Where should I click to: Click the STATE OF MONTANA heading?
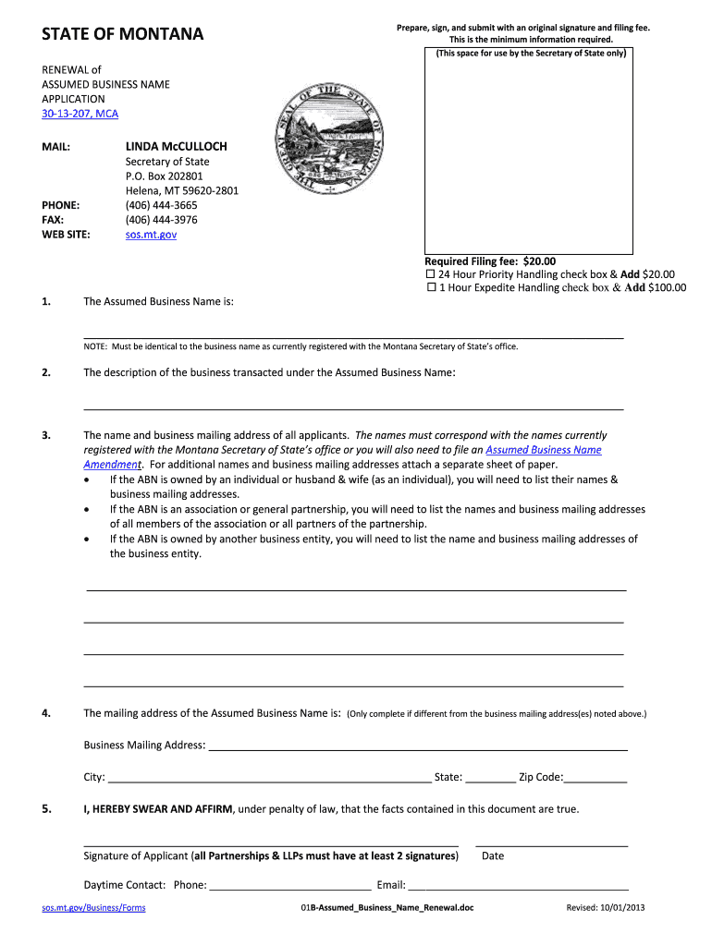pos(122,35)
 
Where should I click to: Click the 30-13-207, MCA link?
pos(80,114)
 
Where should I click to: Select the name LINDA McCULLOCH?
pos(176,147)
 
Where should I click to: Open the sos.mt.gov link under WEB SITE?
pos(151,235)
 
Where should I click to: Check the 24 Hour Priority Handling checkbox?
pos(430,274)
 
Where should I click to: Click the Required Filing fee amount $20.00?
pos(539,261)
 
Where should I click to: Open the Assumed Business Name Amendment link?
pos(543,450)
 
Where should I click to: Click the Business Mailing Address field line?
pos(418,746)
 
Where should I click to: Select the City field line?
pos(269,778)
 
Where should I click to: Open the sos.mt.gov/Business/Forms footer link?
pos(93,908)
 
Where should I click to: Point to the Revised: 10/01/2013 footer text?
pos(606,908)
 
